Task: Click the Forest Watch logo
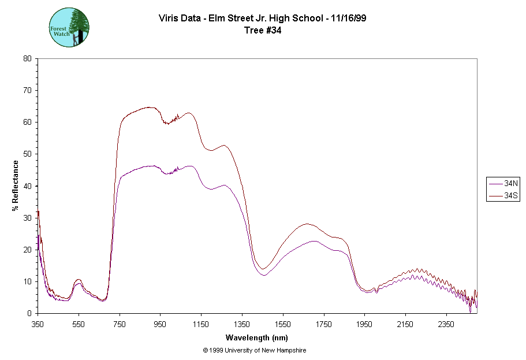(69, 27)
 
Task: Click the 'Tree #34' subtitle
(262, 31)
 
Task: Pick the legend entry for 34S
(504, 196)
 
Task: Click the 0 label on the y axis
(29, 313)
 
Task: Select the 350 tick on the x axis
(38, 324)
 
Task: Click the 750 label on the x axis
(119, 324)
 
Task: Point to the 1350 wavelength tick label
(242, 324)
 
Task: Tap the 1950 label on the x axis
(364, 324)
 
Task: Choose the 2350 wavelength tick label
(446, 324)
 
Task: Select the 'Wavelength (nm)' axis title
(256, 337)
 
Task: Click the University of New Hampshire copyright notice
(255, 350)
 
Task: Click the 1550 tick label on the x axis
(282, 324)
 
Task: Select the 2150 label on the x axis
(405, 324)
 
